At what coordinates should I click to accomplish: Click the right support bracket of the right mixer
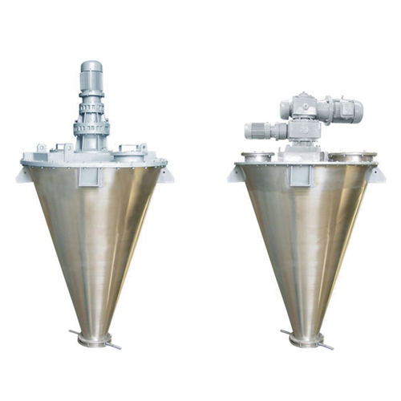tap(375, 173)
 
